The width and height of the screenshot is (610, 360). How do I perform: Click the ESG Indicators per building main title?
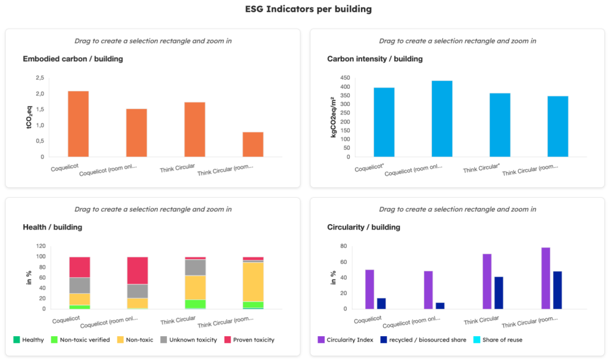point(304,10)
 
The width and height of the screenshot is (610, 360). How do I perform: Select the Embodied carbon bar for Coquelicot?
point(78,124)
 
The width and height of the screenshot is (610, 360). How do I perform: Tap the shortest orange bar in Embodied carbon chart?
point(253,144)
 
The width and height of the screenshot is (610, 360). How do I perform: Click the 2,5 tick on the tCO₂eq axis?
point(39,78)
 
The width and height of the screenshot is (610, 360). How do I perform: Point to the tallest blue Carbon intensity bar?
point(442,119)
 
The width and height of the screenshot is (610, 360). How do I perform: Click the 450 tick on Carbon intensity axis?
point(344,78)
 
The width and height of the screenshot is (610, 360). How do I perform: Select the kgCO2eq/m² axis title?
point(334,117)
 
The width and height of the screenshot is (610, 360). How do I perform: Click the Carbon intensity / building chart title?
point(375,59)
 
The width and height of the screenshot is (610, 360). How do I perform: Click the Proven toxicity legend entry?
point(248,340)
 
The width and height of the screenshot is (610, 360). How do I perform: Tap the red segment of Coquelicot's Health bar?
point(79,267)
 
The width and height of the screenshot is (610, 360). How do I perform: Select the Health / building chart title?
point(52,227)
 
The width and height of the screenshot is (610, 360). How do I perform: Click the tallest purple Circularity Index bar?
point(546,278)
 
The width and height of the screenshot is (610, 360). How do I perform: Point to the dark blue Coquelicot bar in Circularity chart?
point(381,303)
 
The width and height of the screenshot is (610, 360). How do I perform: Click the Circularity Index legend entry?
point(351,340)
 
